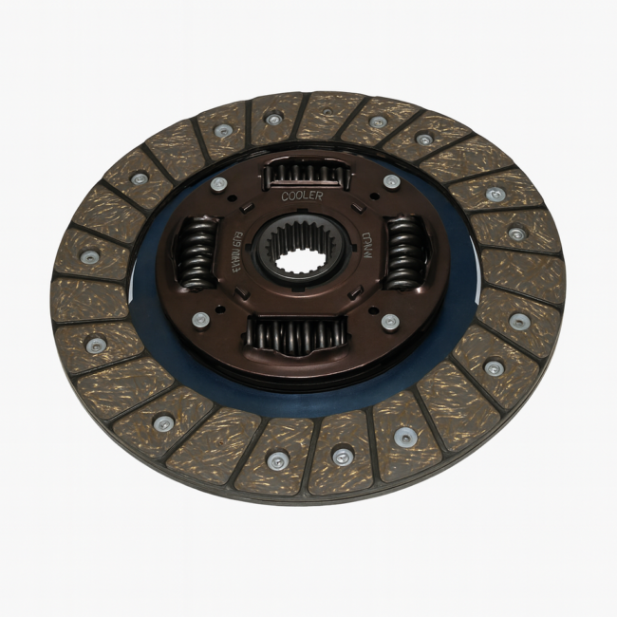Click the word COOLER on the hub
(302, 196)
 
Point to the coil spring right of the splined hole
(405, 252)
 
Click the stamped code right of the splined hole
(368, 250)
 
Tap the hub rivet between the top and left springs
(219, 183)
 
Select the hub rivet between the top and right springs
(390, 181)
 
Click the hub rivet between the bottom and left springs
(200, 320)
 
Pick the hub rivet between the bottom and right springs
(389, 321)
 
